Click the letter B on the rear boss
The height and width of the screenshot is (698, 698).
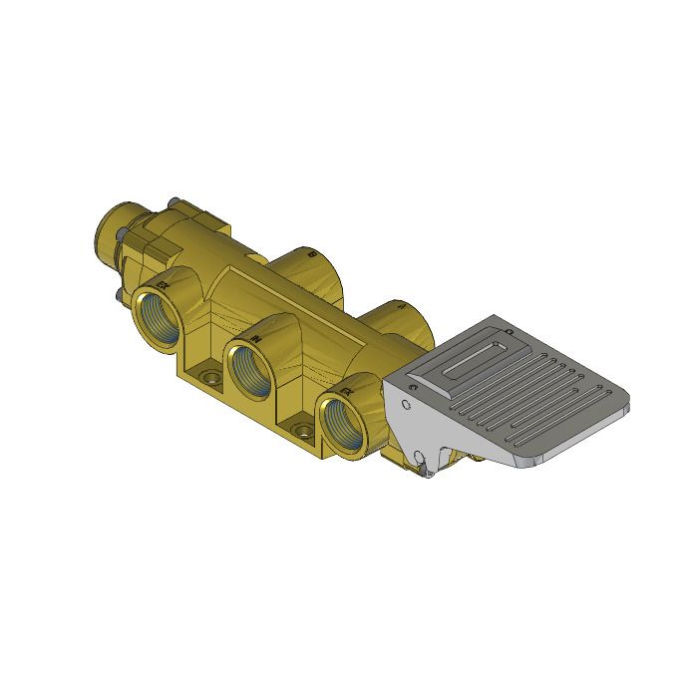[x=312, y=254]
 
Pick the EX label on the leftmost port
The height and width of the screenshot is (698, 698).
[x=171, y=284]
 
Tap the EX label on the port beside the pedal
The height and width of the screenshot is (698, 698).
[x=345, y=392]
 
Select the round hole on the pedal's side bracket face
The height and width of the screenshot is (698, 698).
[x=407, y=405]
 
